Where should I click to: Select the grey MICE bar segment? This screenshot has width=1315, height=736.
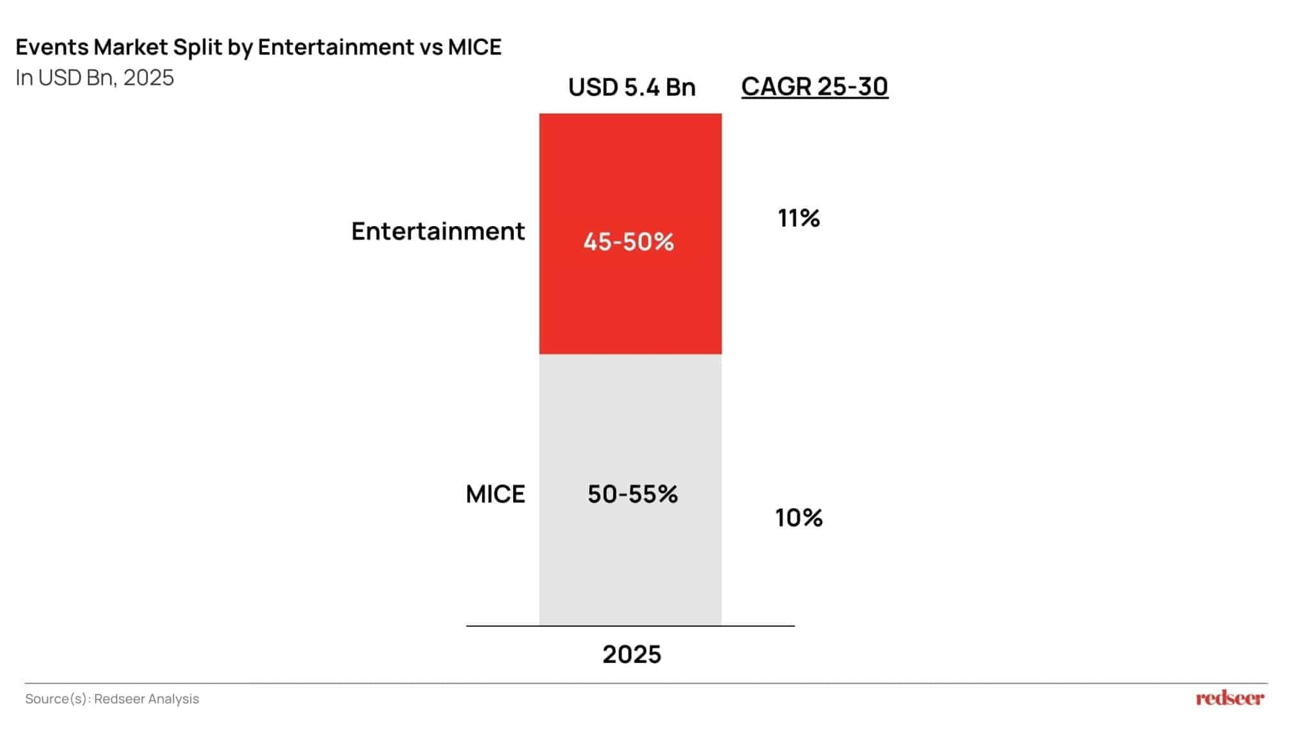[x=630, y=565]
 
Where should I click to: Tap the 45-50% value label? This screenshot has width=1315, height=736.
[x=629, y=242]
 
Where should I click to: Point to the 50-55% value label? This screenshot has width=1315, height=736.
[x=632, y=494]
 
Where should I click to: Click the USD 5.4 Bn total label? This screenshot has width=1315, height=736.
[x=632, y=87]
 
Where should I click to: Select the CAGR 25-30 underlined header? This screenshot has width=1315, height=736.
[x=814, y=87]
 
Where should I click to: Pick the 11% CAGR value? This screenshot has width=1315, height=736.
[x=799, y=218]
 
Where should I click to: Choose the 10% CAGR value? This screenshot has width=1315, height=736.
[x=799, y=518]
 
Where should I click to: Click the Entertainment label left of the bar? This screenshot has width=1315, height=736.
[x=438, y=231]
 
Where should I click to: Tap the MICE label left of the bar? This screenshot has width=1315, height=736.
[x=495, y=494]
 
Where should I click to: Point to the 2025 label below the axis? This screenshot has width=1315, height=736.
[x=632, y=654]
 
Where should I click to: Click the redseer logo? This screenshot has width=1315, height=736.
[x=1230, y=698]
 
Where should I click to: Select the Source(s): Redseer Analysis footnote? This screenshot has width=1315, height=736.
[x=112, y=699]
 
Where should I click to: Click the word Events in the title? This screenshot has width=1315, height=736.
[x=51, y=47]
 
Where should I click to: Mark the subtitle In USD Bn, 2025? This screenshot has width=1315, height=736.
[x=95, y=78]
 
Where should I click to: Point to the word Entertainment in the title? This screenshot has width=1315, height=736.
[x=335, y=47]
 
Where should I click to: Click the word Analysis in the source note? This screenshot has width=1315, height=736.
[x=173, y=699]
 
